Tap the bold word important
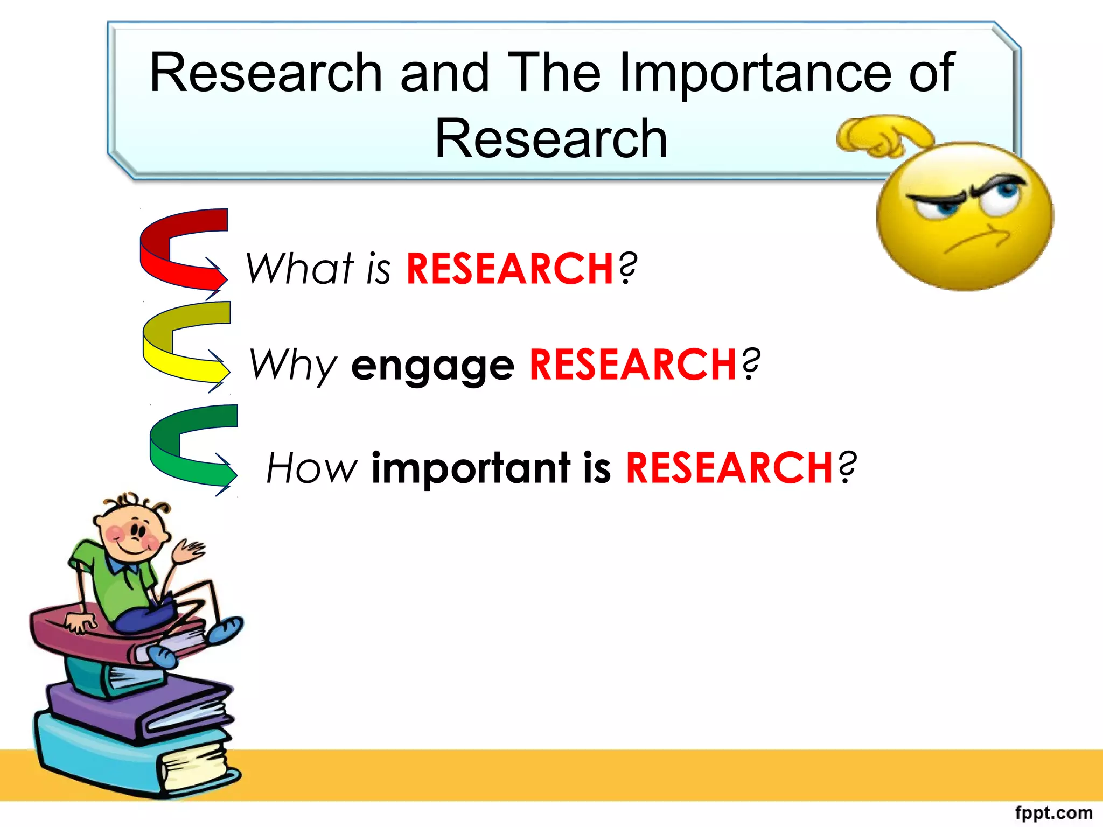point(471,467)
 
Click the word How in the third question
point(311,467)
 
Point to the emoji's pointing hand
point(883,137)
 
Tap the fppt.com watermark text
point(1053,812)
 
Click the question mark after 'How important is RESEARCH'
point(847,467)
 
